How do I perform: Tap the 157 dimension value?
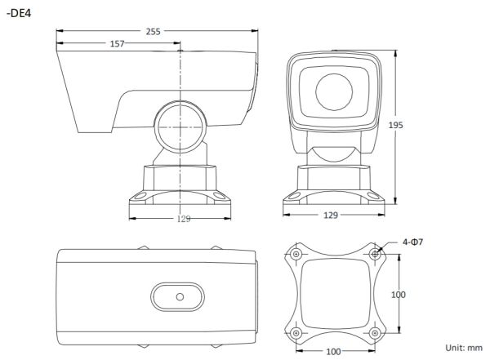[x=117, y=44]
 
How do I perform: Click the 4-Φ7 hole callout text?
[x=414, y=242]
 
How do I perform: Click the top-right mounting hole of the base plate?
[x=375, y=255]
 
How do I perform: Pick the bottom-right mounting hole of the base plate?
[x=375, y=333]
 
